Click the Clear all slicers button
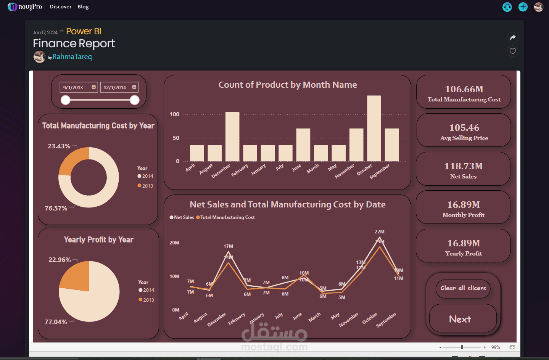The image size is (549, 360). coord(463,288)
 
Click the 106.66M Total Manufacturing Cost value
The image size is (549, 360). coord(464,89)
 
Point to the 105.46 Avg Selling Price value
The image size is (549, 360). coord(464,128)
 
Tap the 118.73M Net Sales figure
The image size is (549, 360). coord(463,166)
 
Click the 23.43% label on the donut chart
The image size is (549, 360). coord(59,146)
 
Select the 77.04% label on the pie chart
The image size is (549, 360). coord(56,322)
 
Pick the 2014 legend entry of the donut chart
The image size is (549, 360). coord(145,176)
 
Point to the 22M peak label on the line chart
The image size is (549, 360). coord(380,231)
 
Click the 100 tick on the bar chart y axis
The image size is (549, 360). coord(174,114)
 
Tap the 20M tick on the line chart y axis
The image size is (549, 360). coord(174,243)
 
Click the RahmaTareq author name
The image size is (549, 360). coord(72,57)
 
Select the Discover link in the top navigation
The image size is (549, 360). coord(60,6)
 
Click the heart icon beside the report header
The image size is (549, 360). coord(513,51)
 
